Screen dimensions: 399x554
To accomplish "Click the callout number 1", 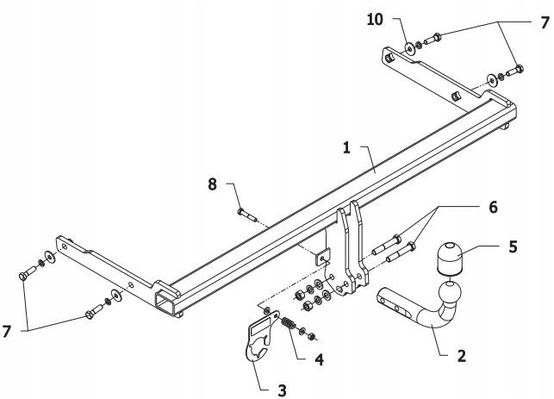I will [x=346, y=148].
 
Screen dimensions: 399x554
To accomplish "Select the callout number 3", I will [x=281, y=390].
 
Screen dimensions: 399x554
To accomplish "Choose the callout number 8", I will [x=211, y=183].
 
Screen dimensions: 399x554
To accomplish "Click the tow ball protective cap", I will [x=451, y=258].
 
